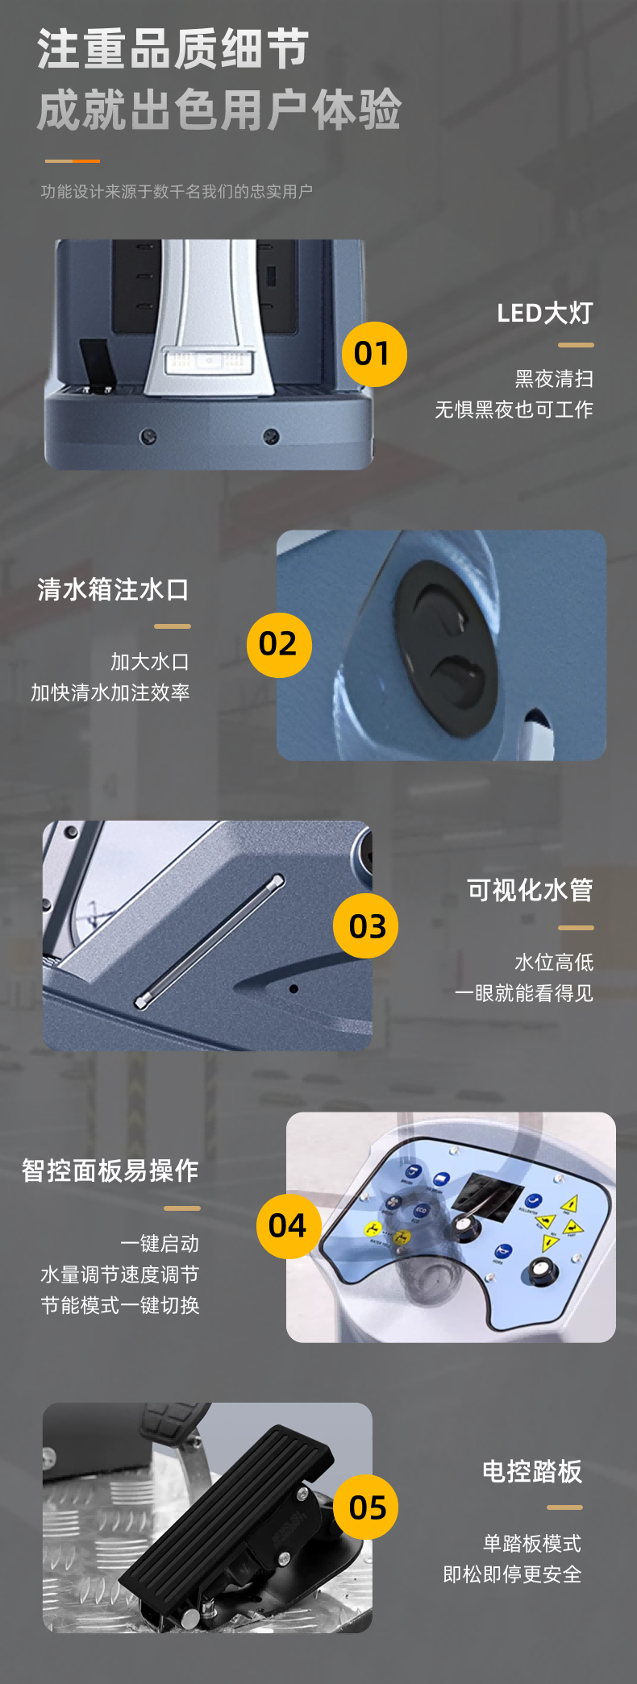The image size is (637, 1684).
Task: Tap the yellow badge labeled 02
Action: (279, 644)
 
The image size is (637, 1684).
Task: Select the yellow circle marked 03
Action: (366, 925)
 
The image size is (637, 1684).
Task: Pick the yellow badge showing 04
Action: (289, 1225)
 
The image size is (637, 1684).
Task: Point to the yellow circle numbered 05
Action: (366, 1507)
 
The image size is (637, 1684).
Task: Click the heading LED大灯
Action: (544, 313)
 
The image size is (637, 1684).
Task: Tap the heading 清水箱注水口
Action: (114, 589)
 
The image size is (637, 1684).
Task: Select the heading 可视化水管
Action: (530, 890)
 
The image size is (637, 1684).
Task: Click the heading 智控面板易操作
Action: (110, 1170)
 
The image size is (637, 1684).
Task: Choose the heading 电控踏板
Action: (531, 1471)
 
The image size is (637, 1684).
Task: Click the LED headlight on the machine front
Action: (209, 361)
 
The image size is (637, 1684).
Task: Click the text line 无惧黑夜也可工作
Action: (514, 410)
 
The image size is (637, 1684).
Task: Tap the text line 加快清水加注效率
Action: (110, 692)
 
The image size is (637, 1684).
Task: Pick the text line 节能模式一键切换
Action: (120, 1305)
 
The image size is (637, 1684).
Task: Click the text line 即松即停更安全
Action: (512, 1574)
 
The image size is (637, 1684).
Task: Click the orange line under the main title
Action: (73, 161)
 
